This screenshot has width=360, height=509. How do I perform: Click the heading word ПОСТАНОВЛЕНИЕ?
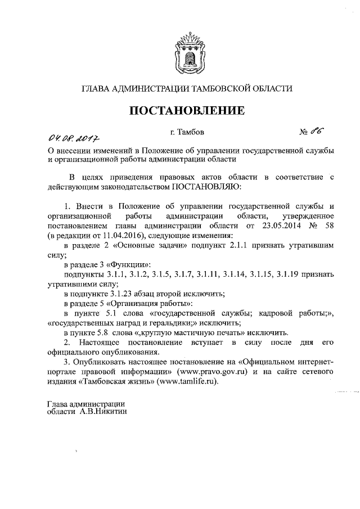pos(188,111)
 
